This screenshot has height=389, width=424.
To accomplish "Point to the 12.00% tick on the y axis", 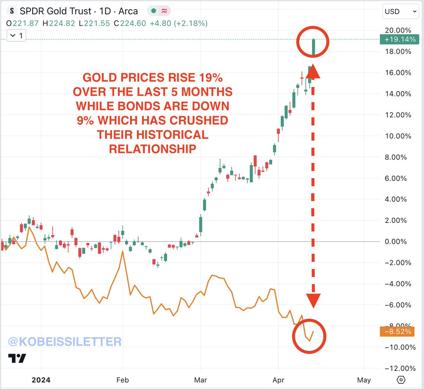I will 398,115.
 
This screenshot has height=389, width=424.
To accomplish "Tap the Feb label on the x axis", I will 123,380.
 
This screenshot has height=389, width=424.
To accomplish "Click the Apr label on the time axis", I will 278,380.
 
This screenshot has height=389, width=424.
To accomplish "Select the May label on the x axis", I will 364,380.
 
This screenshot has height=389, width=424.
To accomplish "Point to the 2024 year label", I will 41,380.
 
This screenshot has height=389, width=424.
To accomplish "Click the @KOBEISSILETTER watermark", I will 65,342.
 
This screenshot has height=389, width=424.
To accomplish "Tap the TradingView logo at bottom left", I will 17,358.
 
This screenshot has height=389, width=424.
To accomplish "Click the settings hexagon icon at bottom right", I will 401,380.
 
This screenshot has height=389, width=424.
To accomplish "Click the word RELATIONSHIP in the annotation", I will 152,149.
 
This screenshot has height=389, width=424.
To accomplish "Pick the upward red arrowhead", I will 313,72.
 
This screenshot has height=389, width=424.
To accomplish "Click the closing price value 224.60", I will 133,23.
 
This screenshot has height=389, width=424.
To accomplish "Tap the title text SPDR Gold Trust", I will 55,11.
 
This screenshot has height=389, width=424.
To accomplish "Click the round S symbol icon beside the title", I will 12,11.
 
